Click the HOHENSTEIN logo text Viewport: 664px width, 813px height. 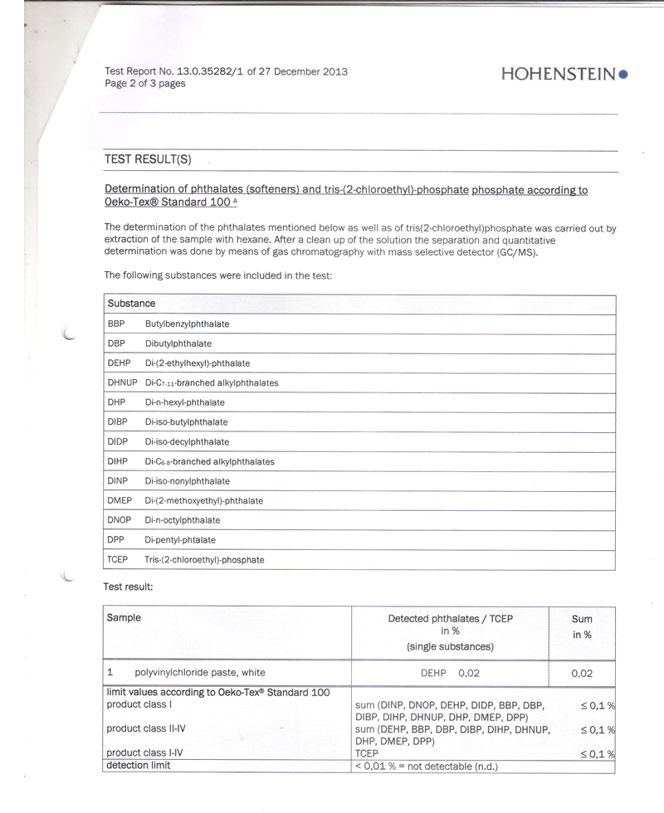[x=559, y=74]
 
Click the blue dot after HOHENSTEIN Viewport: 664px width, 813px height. [x=623, y=74]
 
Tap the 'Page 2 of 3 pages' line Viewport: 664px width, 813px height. [x=145, y=84]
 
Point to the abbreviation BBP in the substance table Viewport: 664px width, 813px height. [x=116, y=324]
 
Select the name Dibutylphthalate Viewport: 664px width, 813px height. [x=178, y=343]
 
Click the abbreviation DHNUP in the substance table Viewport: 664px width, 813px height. [x=122, y=382]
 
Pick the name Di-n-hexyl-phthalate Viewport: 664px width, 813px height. [x=184, y=402]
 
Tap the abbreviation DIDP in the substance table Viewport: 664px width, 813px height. [x=117, y=442]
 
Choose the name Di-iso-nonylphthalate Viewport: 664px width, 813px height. [x=187, y=481]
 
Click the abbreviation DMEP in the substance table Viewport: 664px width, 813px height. [x=120, y=501]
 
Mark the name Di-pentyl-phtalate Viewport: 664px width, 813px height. [x=179, y=540]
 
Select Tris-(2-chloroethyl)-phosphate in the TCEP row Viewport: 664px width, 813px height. [x=204, y=560]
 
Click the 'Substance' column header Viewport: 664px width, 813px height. [x=131, y=304]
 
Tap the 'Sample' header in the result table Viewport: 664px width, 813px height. [x=124, y=618]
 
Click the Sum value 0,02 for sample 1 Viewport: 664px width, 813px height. [x=582, y=674]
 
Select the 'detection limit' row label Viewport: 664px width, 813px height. [x=138, y=765]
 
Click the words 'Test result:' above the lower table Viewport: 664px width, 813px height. [x=128, y=587]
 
